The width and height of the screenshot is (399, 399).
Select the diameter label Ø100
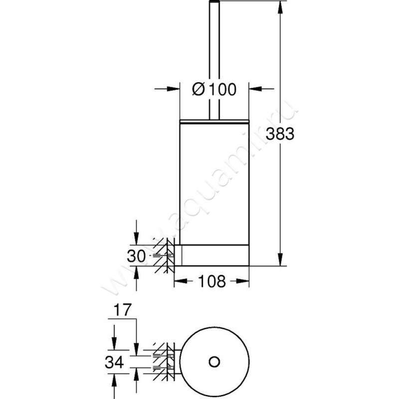(214, 89)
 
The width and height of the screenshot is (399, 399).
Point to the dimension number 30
(136, 256)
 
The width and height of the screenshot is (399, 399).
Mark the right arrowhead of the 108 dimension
(244, 281)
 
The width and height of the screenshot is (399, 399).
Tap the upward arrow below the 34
(114, 382)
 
